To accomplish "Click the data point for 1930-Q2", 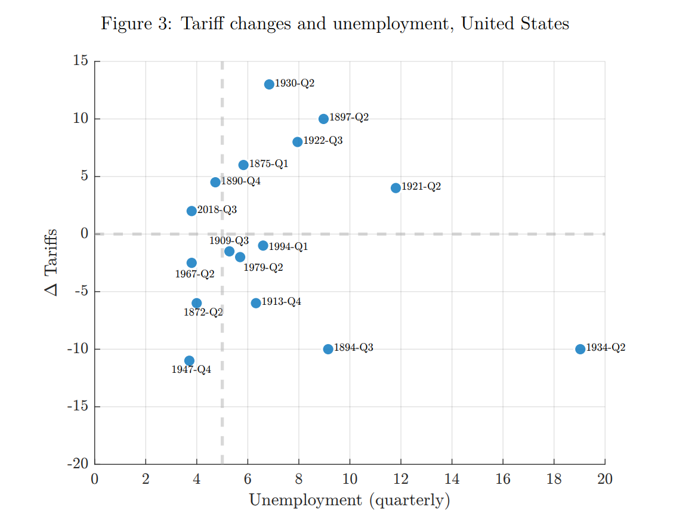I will point(269,84).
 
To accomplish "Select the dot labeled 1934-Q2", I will point(580,349).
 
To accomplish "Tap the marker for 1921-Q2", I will point(396,188).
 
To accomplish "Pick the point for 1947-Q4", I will point(189,360).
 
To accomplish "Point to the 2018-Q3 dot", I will point(191,211).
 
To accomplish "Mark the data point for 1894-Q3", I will point(328,349).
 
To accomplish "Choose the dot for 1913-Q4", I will point(256,303).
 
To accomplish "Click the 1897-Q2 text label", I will point(349,118).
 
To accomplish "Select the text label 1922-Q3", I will point(323,141).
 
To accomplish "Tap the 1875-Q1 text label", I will point(268,163).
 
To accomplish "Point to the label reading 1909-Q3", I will point(228,241).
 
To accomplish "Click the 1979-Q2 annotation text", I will point(263,268).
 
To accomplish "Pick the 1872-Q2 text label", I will point(203,312).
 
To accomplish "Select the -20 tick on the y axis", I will point(78,464).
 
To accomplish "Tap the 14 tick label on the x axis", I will point(452,478).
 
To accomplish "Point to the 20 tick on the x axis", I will point(605,478).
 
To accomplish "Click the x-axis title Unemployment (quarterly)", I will point(350,499).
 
